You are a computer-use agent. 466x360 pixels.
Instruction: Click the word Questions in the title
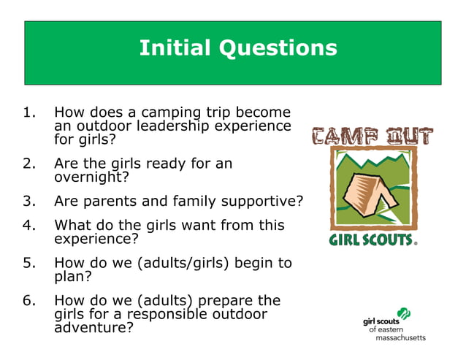coord(278,48)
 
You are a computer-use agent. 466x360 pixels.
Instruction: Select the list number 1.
coord(28,113)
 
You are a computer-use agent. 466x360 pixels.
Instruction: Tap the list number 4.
coord(28,225)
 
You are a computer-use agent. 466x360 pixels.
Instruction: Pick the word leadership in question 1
coord(160,126)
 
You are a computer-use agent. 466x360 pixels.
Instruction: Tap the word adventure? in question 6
coord(94,328)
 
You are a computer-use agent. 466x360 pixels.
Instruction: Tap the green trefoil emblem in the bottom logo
coord(404,314)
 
